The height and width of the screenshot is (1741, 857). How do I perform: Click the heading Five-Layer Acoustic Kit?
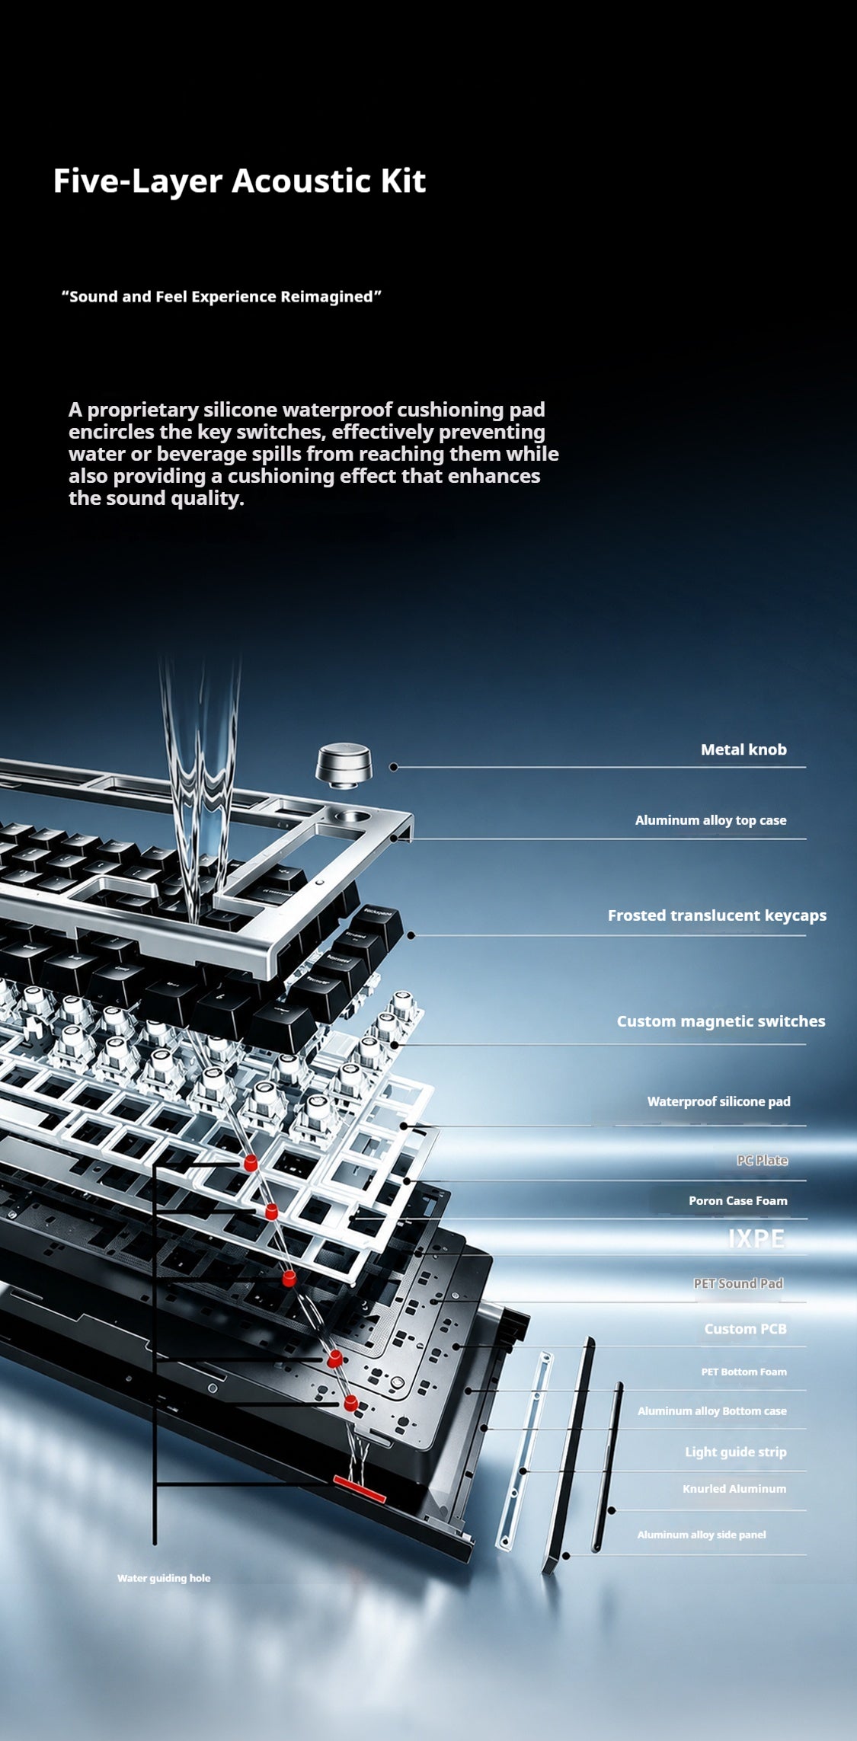coord(239,181)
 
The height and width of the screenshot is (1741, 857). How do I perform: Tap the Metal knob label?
coord(743,749)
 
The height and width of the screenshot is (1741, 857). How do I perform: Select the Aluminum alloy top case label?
coord(711,820)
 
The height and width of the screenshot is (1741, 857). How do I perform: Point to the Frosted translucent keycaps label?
coord(717,915)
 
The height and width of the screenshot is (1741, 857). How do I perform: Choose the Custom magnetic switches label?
coord(721,1021)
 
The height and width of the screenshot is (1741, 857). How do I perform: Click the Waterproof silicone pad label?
coord(718,1101)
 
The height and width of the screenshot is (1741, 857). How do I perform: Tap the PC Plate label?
coord(762,1160)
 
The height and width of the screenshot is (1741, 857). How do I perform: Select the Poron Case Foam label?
coord(738,1201)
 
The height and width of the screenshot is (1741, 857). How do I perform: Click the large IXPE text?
coord(756,1239)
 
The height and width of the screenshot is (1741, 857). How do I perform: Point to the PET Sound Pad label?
coord(738,1283)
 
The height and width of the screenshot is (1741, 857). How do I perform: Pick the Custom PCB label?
coord(745,1329)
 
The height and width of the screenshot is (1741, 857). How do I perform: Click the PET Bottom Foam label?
coord(743,1372)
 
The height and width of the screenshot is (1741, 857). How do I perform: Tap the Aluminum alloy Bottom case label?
coord(712,1411)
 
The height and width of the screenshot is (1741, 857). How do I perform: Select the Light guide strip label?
coord(735,1452)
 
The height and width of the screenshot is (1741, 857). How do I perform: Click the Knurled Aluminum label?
coord(734,1489)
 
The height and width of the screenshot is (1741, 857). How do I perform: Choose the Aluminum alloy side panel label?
coord(702,1535)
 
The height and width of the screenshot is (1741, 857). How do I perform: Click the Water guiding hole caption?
coord(164,1578)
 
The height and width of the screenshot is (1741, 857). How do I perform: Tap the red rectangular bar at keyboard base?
coord(360,1489)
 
